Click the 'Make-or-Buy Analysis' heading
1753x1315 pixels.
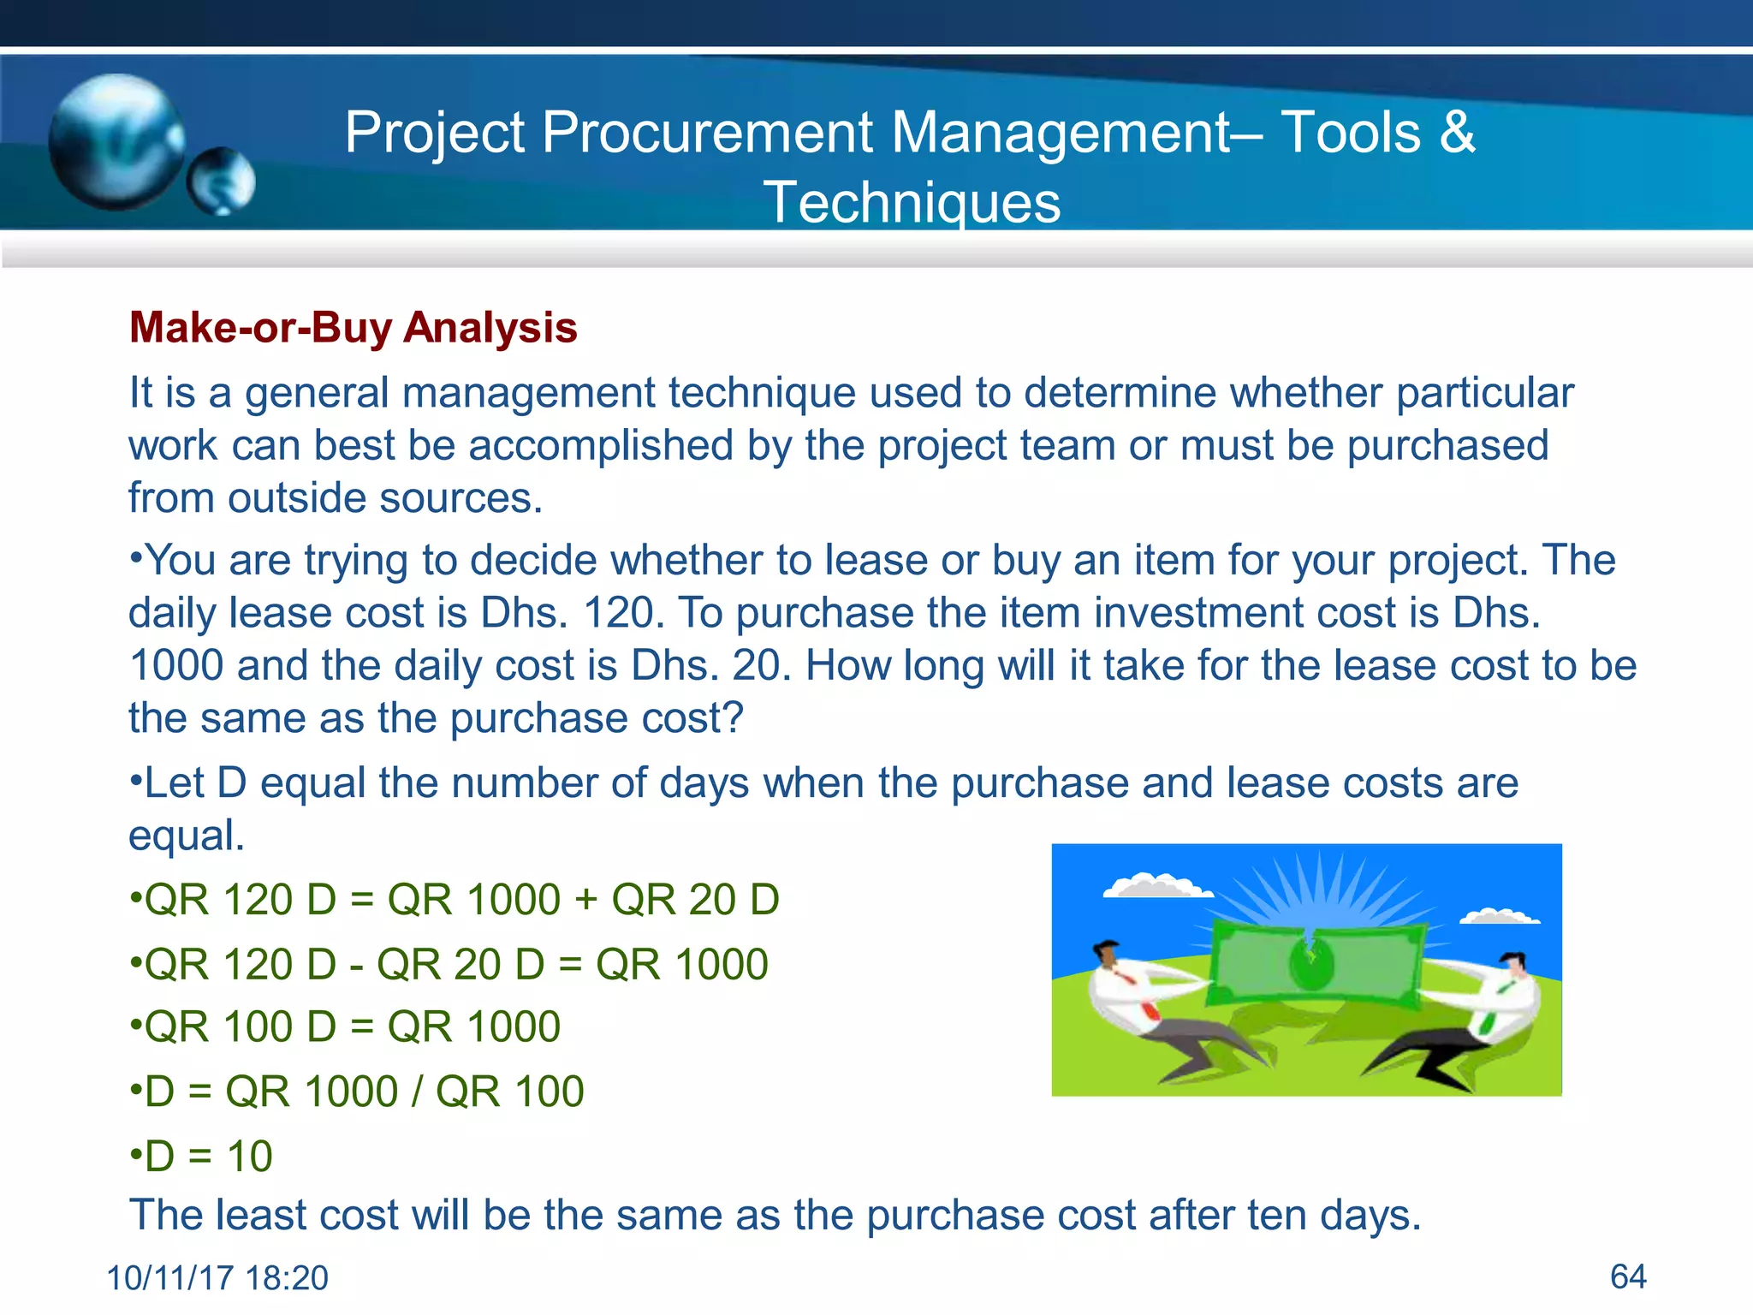(353, 328)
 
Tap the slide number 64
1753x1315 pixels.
(1628, 1276)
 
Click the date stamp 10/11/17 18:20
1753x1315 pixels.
(217, 1278)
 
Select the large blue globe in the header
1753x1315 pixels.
(116, 141)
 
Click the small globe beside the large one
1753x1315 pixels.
(222, 181)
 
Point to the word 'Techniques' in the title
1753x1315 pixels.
(912, 203)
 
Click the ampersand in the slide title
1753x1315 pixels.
(1457, 133)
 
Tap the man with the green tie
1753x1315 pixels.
(1494, 1002)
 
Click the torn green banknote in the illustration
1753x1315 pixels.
(1314, 959)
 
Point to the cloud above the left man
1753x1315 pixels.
(1156, 886)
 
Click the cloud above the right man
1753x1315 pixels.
(1499, 917)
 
